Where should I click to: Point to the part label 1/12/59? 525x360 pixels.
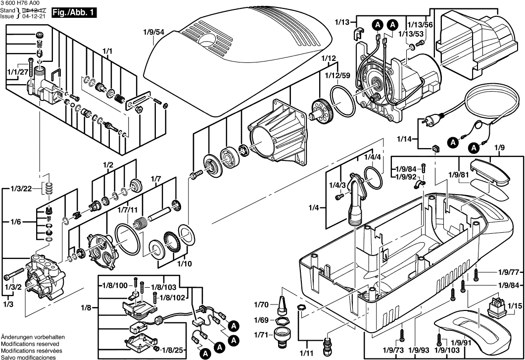click(x=337, y=75)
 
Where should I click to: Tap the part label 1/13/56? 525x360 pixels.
click(x=420, y=24)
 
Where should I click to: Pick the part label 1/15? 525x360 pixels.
click(x=515, y=293)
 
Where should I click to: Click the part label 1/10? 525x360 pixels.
click(x=184, y=263)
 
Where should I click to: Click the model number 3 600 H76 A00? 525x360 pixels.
click(x=23, y=3)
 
